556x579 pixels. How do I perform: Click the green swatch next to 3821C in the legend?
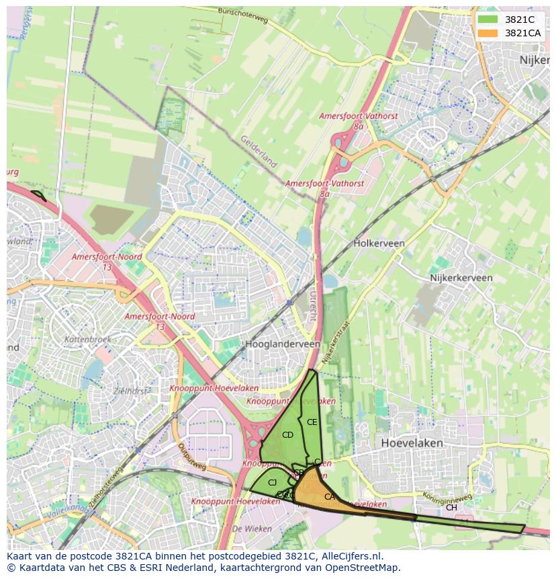(488, 20)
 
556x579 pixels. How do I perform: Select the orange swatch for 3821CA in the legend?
(488, 33)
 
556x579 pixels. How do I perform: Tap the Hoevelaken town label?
(412, 443)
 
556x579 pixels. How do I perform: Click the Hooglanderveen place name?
(282, 344)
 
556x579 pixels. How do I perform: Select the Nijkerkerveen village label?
(461, 278)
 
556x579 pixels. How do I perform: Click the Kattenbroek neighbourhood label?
(88, 340)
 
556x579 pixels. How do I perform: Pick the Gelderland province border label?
(259, 151)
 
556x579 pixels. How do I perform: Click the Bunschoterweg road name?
(242, 15)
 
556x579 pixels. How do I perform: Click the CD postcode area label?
(287, 435)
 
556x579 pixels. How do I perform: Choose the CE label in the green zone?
(312, 422)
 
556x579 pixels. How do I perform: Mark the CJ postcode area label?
(272, 483)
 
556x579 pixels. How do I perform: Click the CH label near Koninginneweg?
(451, 508)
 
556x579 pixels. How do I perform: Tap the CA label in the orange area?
(329, 497)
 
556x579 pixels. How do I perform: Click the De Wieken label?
(246, 529)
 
